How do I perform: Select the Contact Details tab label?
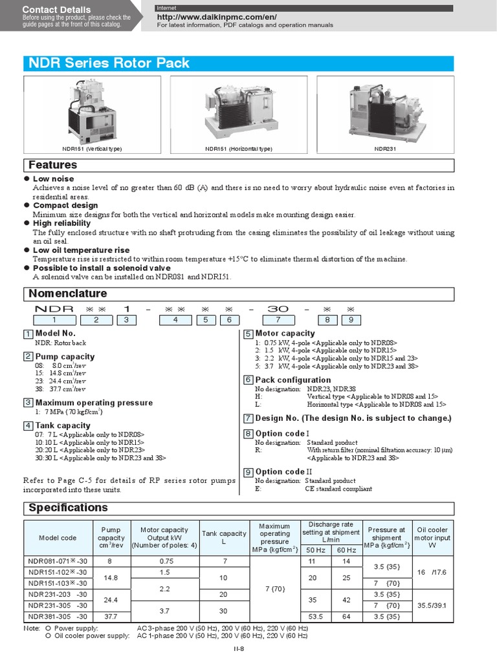(x=57, y=10)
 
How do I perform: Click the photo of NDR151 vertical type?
(x=92, y=111)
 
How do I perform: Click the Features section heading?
(x=53, y=165)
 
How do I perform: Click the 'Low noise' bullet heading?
(x=53, y=178)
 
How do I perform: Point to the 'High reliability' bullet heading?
(x=61, y=223)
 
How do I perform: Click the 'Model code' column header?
(x=58, y=538)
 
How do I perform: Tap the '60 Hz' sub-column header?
(x=346, y=550)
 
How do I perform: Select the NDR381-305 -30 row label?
(x=58, y=617)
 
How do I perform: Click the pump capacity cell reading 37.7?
(x=111, y=617)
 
